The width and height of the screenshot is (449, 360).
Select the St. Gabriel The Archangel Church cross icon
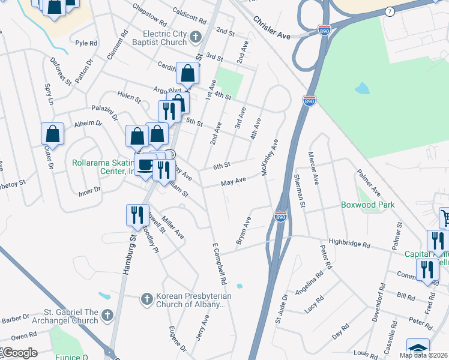tap(107, 315)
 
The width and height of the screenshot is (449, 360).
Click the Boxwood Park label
tap(367, 205)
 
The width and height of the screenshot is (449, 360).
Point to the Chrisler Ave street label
tap(271, 28)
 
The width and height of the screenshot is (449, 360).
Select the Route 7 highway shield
tap(390, 12)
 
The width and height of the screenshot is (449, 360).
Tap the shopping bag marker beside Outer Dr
tap(52, 134)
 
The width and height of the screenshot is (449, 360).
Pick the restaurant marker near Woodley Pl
tap(136, 215)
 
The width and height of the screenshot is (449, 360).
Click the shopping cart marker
tap(444, 217)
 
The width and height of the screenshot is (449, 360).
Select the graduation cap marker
tap(418, 349)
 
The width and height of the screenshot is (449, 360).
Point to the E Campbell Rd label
tap(218, 263)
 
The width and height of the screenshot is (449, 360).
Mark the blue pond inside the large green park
tap(362, 89)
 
